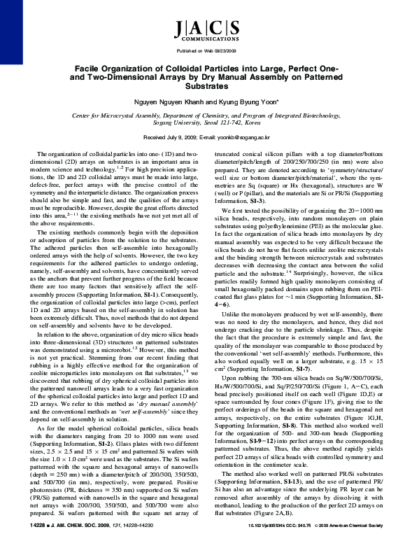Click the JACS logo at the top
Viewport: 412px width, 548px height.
click(206, 28)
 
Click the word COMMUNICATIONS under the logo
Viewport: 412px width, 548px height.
click(206, 41)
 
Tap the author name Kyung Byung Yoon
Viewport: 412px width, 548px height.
click(240, 101)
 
